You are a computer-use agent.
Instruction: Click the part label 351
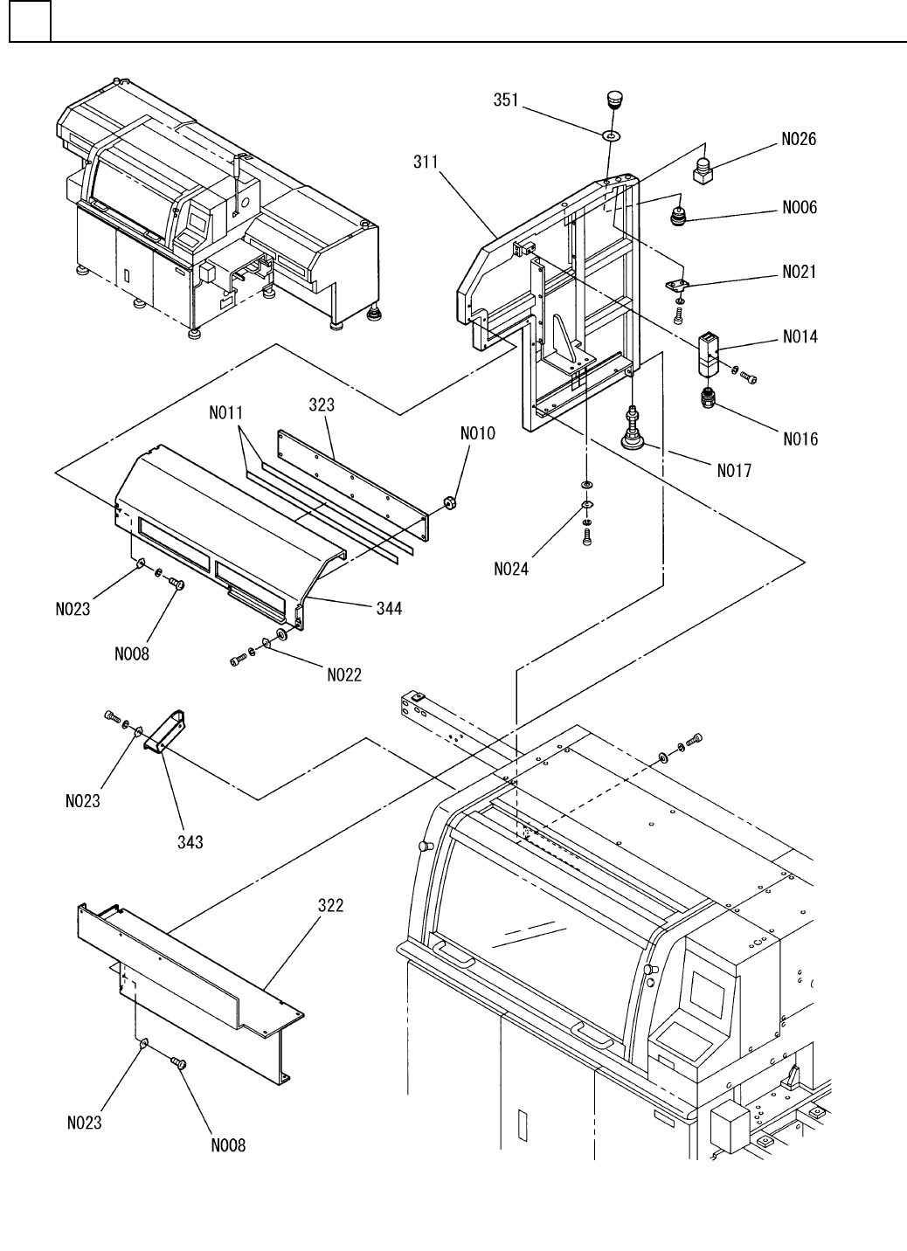506,100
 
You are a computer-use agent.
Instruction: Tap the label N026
799,139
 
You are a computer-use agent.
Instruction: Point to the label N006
800,207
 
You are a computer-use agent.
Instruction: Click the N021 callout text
799,272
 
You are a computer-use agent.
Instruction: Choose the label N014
800,336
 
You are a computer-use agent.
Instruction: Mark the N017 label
733,472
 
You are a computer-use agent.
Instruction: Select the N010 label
478,433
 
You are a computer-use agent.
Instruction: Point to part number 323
322,405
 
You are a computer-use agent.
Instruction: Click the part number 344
389,609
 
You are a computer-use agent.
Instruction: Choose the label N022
344,674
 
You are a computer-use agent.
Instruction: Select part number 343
190,841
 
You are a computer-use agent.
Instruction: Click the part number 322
330,906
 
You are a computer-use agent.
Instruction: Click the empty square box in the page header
30,21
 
